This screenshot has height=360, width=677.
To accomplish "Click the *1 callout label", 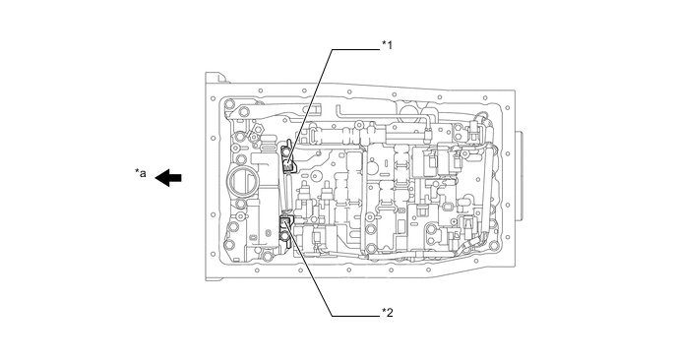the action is pos(388,45).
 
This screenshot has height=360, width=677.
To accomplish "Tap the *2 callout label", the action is pos(388,313).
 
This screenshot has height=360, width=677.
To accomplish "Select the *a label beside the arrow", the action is pos(141,173).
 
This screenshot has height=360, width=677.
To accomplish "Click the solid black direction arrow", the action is pos(168,178).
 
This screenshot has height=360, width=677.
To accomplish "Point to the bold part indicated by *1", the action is pos(287,158).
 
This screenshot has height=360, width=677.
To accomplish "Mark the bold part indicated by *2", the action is pos(286,224).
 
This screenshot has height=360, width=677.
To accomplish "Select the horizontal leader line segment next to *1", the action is pos(356,49).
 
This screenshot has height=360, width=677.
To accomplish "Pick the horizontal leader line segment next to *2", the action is pos(356,316).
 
